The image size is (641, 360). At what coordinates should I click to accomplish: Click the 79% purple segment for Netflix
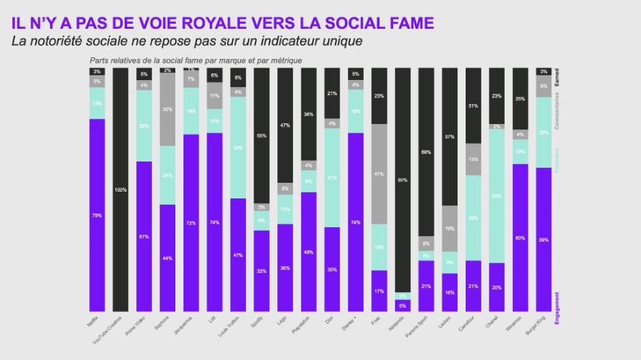point(97,215)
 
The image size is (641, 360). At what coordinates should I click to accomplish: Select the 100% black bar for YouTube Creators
point(121,190)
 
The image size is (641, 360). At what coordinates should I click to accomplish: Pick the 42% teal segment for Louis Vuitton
point(238,148)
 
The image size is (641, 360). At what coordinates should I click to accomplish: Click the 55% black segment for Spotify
point(261,136)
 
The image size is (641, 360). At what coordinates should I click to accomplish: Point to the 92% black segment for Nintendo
point(402,181)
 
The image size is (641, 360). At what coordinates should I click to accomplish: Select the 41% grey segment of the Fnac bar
point(379,174)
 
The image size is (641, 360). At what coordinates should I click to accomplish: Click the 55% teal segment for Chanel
point(496,196)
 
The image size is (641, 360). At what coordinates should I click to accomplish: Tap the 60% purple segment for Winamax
point(520,237)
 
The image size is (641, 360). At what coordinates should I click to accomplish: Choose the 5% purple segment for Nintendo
point(402,305)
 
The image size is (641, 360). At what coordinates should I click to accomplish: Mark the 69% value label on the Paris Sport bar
point(425,151)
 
